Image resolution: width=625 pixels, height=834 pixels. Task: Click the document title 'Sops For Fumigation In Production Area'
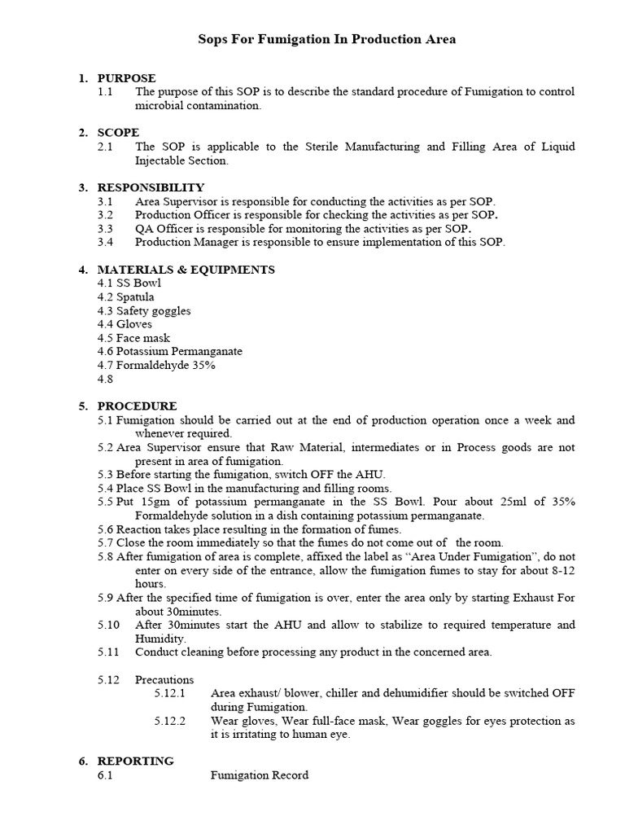pos(327,39)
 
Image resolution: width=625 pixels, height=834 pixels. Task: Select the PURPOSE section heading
pos(126,78)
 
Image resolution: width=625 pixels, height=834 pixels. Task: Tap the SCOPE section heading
pos(118,132)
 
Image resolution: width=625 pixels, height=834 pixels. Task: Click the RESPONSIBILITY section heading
pos(151,187)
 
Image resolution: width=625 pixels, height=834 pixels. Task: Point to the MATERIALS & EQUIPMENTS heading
pos(186,270)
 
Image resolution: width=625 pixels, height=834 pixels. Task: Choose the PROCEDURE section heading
pos(137,406)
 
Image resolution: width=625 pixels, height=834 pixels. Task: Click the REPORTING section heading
pos(135,761)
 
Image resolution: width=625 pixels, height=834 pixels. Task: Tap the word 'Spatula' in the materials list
pos(135,296)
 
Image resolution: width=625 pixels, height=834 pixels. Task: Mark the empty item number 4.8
pos(106,379)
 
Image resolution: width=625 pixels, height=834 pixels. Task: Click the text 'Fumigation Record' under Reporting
pos(260,775)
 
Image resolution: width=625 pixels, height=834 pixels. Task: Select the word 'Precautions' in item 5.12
pos(164,679)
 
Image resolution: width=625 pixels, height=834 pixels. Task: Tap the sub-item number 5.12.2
pos(170,721)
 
